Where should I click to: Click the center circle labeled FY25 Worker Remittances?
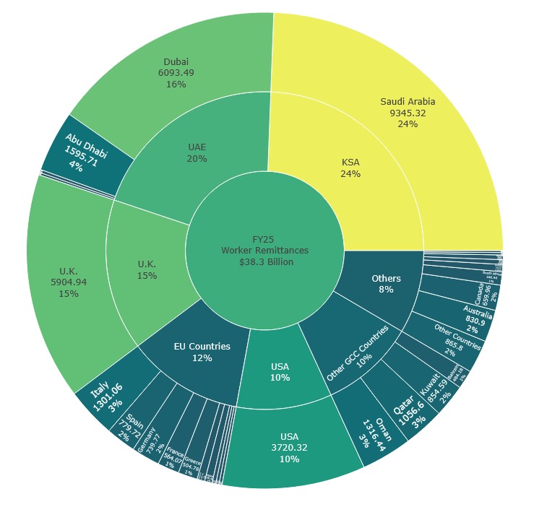pyautogui.click(x=264, y=251)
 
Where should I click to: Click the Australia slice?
pyautogui.click(x=477, y=315)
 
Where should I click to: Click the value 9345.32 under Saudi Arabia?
pyautogui.click(x=408, y=113)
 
